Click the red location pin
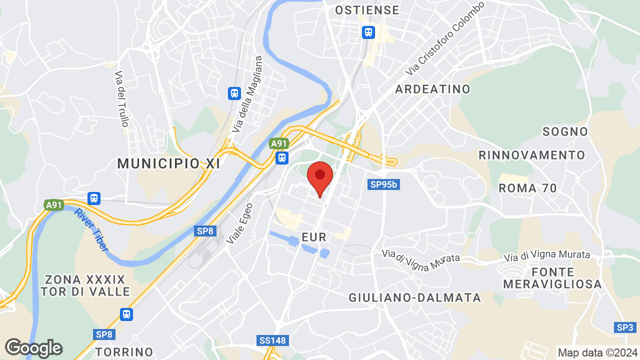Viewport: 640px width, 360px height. click(x=320, y=178)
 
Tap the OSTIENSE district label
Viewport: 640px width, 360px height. click(x=367, y=10)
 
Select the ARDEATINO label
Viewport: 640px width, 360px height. click(x=432, y=89)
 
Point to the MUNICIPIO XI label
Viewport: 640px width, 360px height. click(x=168, y=163)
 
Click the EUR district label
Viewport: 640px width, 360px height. click(x=314, y=236)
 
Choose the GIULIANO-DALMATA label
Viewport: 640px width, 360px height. click(x=414, y=298)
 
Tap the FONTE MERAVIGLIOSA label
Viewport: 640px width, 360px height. click(x=552, y=278)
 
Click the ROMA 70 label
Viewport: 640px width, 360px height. click(x=528, y=188)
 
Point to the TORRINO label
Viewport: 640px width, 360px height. click(x=124, y=351)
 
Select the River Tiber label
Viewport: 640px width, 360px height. click(x=90, y=230)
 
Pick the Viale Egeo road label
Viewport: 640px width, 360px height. click(x=239, y=223)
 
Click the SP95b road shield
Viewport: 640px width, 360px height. click(x=383, y=184)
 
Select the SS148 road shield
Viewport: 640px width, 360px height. click(x=273, y=340)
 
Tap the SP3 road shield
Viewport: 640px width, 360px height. click(x=625, y=327)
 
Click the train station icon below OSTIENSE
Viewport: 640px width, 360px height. click(x=368, y=32)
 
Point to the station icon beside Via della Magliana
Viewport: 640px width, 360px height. click(x=234, y=93)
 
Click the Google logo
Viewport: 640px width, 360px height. click(x=33, y=348)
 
